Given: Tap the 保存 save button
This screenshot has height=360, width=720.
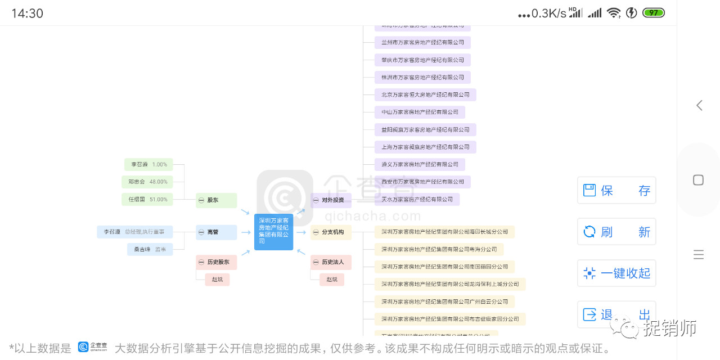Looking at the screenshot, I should click(x=616, y=190).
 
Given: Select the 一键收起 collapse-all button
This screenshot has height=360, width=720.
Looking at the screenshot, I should click(x=616, y=273).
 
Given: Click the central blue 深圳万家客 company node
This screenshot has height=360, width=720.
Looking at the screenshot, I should click(x=273, y=232).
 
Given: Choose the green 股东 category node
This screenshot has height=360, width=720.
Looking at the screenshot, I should click(x=216, y=200).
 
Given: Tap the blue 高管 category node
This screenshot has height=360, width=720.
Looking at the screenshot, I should click(x=216, y=232).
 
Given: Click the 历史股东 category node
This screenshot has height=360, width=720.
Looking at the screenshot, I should click(x=216, y=262).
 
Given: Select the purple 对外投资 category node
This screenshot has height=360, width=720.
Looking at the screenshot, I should click(x=331, y=200).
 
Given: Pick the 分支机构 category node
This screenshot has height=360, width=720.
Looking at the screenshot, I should click(x=331, y=232).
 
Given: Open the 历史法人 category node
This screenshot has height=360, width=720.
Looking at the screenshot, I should click(x=331, y=262).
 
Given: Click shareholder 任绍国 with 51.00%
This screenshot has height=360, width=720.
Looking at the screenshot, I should click(x=147, y=199).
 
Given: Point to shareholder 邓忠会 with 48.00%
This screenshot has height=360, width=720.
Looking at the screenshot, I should click(x=147, y=182).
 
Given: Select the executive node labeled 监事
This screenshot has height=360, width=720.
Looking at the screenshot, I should click(x=150, y=249).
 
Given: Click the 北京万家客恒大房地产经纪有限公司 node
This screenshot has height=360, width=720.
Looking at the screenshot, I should click(x=425, y=94).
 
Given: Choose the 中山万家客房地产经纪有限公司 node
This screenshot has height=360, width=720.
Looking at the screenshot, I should click(x=420, y=112).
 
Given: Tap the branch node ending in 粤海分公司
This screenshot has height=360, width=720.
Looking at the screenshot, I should click(x=439, y=249).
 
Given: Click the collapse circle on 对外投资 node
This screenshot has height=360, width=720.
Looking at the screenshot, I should click(x=316, y=200).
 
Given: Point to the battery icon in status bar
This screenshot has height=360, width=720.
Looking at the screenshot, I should click(x=654, y=12).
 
